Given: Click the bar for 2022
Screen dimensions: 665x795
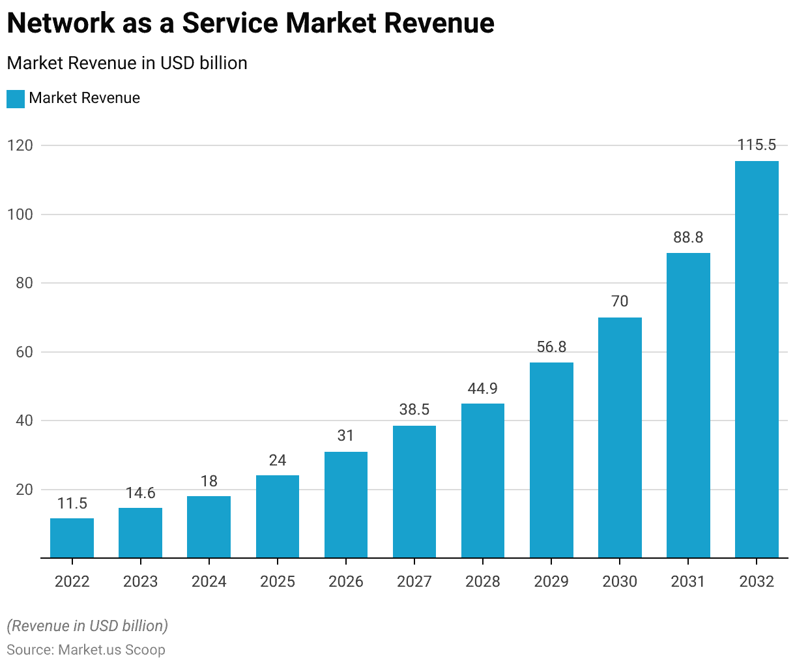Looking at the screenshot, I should pyautogui.click(x=72, y=538).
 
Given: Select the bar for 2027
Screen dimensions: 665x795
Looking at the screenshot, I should pyautogui.click(x=414, y=492).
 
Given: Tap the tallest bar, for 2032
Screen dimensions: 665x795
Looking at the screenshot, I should pyautogui.click(x=757, y=359).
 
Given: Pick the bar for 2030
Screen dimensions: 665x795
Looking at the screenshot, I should pyautogui.click(x=620, y=437).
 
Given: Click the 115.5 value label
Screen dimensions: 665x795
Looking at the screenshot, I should pyautogui.click(x=757, y=145).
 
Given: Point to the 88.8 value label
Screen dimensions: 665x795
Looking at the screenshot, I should pyautogui.click(x=688, y=237).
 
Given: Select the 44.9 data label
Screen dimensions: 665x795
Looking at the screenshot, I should pyautogui.click(x=483, y=389).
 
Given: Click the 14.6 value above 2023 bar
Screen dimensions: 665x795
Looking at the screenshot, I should pyautogui.click(x=140, y=493).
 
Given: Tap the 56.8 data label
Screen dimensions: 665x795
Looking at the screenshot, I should pyautogui.click(x=551, y=347).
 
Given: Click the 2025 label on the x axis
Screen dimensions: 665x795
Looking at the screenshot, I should pyautogui.click(x=278, y=582).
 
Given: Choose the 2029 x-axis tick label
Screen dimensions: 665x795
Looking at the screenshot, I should pyautogui.click(x=551, y=582).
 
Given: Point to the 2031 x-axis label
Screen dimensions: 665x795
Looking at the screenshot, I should pyautogui.click(x=688, y=582).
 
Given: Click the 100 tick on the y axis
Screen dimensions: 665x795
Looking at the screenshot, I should pyautogui.click(x=20, y=214).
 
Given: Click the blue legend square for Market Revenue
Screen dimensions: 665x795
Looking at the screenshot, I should pyautogui.click(x=16, y=98).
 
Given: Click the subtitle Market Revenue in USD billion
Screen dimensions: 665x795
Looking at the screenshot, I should pyautogui.click(x=127, y=63).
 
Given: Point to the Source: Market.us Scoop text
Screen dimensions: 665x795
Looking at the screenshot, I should pyautogui.click(x=86, y=650).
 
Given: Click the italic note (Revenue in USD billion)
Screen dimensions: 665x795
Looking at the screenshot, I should pyautogui.click(x=87, y=626).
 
